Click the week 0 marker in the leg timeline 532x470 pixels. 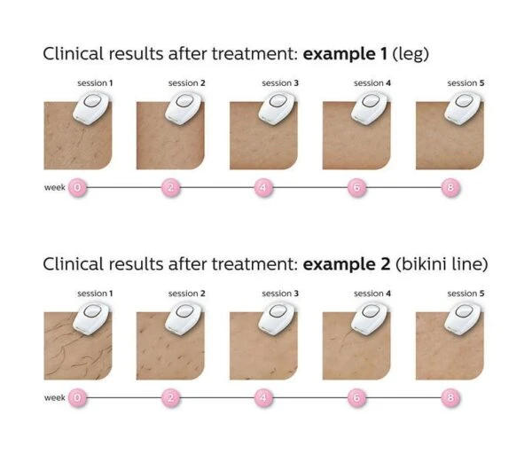click(x=77, y=187)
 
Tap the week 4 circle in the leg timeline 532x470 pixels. click(x=263, y=187)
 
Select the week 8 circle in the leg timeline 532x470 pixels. click(x=450, y=187)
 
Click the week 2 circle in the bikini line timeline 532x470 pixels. click(x=170, y=397)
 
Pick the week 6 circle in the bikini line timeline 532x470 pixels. click(x=357, y=397)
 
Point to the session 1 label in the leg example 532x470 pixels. click(x=95, y=83)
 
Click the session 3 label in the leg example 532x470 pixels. click(x=280, y=83)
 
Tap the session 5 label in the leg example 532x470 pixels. click(x=465, y=83)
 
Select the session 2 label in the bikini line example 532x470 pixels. click(x=187, y=294)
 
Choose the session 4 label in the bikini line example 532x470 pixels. click(x=372, y=294)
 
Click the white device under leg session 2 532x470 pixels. click(x=184, y=107)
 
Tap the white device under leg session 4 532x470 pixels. click(x=370, y=107)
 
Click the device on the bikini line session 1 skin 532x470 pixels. click(x=91, y=318)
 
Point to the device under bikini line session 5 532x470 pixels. click(x=463, y=317)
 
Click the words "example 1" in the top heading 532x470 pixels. click(x=345, y=54)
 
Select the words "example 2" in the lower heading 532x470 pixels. click(x=347, y=264)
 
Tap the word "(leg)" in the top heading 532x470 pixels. click(x=411, y=55)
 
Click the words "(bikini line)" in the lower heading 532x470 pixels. click(x=442, y=264)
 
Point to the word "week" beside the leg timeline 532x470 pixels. click(x=55, y=187)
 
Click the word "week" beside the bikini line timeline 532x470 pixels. click(x=55, y=397)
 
